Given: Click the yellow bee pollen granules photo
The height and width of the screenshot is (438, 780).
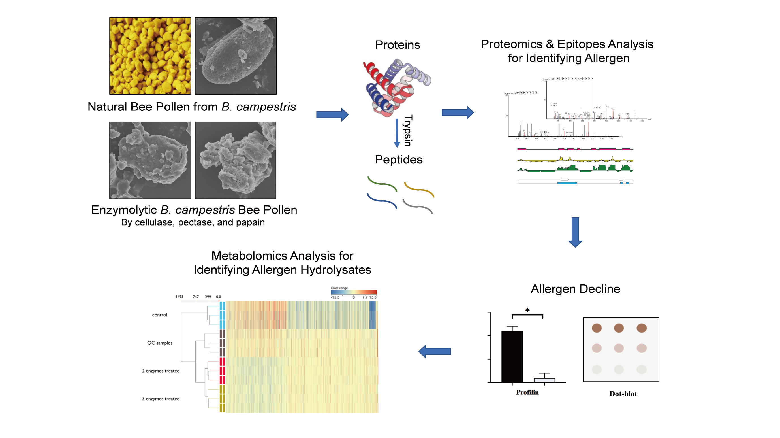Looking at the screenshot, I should [150, 56].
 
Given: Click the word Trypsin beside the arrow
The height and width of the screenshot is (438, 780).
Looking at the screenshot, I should [408, 131].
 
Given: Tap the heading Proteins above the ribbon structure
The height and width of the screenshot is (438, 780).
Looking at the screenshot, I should [397, 45].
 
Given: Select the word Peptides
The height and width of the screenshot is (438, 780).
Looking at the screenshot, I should [398, 160].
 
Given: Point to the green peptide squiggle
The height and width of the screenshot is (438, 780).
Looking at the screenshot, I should [382, 184].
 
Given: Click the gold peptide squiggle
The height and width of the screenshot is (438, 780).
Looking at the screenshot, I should [419, 190].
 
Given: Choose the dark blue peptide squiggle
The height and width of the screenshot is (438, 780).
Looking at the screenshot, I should [382, 201].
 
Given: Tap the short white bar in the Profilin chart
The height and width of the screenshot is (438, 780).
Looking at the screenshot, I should [544, 380].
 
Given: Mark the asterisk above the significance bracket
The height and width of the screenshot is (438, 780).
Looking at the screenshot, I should [527, 310].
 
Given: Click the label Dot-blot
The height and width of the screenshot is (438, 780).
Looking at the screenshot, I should [623, 394].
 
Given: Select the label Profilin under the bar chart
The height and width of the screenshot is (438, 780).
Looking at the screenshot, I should [527, 392].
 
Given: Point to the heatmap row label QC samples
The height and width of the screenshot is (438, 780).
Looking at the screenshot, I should [160, 343].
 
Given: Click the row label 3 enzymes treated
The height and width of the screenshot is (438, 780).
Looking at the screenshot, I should [161, 399].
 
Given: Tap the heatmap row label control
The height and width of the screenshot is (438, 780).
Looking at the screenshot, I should [160, 315].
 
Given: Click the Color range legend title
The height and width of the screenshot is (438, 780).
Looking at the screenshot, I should [339, 288].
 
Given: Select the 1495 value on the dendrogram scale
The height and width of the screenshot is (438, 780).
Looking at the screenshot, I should [179, 297].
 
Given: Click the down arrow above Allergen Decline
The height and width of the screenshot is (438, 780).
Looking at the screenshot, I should [575, 232].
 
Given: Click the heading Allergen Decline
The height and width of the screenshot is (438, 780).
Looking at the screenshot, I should [575, 289].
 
